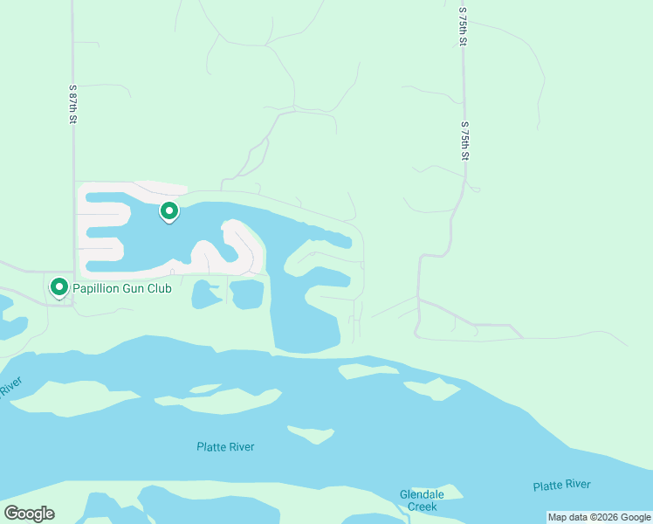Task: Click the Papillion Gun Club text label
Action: coord(121,287)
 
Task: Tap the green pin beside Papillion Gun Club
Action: coord(59,286)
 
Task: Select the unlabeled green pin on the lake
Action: coord(169,211)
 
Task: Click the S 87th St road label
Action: coord(73,104)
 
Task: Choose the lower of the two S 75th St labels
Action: coord(465,141)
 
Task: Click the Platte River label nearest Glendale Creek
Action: coord(561,486)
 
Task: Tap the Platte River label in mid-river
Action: coord(225,447)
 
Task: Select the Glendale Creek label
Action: coord(422,500)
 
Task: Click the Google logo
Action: coord(29,514)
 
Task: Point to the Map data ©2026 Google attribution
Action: coord(598,517)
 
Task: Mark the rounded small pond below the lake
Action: coord(206,295)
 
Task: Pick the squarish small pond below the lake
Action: coord(247,294)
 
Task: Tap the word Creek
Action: coord(422,507)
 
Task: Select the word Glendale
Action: coord(422,494)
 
